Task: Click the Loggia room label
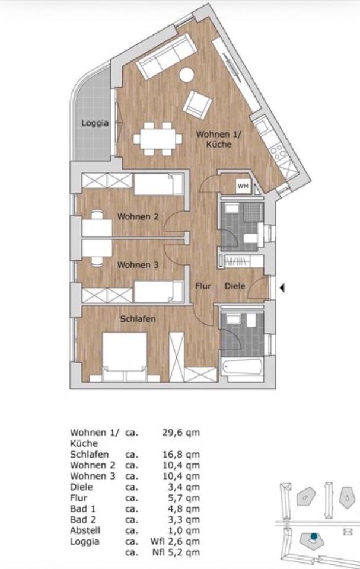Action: point(95,123)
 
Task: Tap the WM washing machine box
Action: point(243,186)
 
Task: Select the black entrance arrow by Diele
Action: point(283,289)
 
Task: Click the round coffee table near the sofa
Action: point(187,75)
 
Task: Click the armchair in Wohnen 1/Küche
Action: point(197,105)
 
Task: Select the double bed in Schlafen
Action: point(125,356)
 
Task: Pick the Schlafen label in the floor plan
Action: point(138,319)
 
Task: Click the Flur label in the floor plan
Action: point(203,286)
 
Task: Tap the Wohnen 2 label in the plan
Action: point(138,217)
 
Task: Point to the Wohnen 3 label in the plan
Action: point(138,265)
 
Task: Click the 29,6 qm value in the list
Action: point(181,433)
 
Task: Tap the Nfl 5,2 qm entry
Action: point(176,552)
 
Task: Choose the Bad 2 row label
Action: point(82,520)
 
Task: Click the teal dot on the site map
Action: point(314,536)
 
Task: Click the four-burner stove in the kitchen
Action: point(278,151)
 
